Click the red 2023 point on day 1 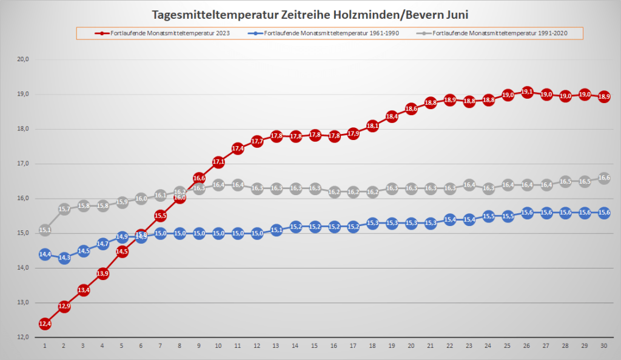click(x=45, y=324)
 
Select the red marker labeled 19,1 click(x=527, y=92)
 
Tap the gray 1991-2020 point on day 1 click(x=45, y=230)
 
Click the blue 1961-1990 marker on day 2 click(x=64, y=258)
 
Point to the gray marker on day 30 click(x=604, y=178)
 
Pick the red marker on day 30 click(x=604, y=97)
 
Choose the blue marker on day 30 click(x=604, y=213)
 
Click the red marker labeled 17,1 click(x=218, y=162)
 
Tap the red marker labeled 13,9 click(x=103, y=274)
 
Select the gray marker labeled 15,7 click(x=64, y=209)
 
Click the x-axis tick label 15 click(x=315, y=346)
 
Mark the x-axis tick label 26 click(x=527, y=346)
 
